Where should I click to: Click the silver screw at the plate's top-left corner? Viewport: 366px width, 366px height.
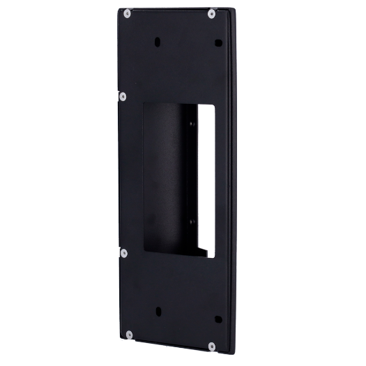tap(125, 12)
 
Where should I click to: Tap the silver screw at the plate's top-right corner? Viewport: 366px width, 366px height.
tap(211, 12)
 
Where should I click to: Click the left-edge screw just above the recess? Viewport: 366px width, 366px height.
tap(123, 96)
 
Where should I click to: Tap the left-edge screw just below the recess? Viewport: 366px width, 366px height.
tap(123, 252)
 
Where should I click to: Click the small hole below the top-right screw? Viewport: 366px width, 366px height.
tap(218, 43)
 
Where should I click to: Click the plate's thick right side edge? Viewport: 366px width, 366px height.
tap(236, 181)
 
